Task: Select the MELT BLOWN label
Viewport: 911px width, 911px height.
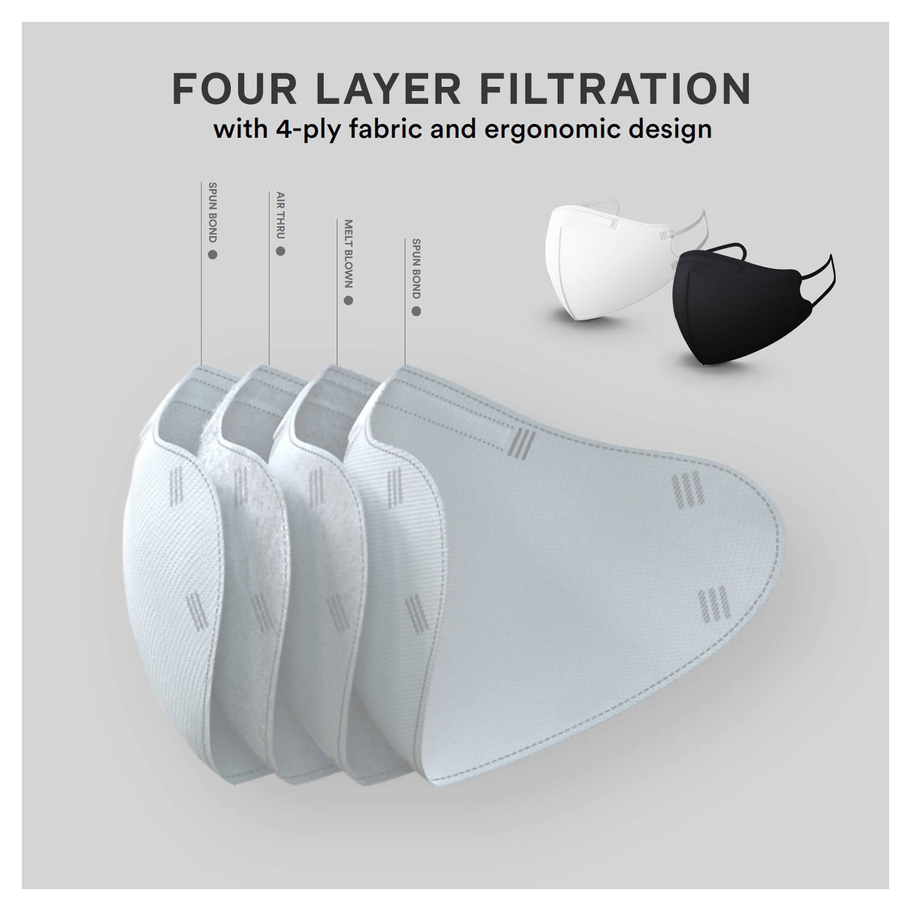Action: [x=348, y=254]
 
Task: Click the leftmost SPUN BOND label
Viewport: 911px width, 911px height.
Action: [x=213, y=212]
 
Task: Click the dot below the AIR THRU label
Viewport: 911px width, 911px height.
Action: [x=280, y=251]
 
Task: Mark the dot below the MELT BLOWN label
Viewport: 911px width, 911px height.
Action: [x=348, y=300]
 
